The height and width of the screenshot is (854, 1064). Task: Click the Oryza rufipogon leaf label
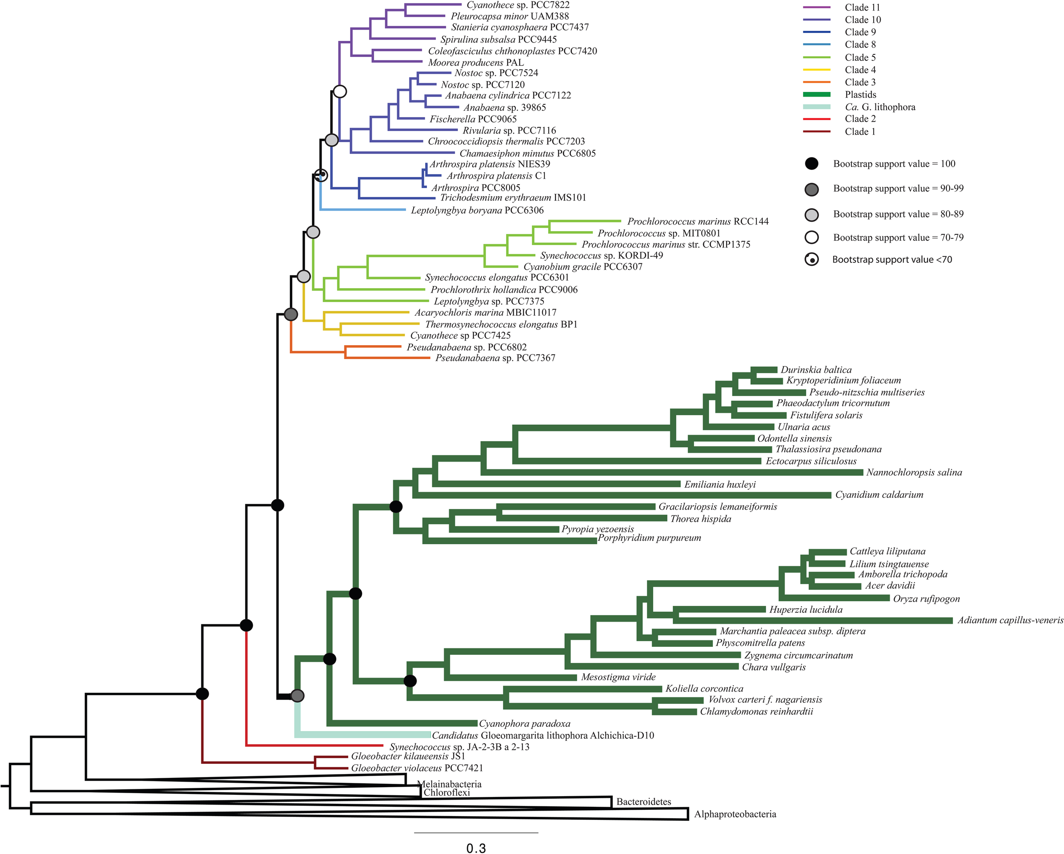(926, 599)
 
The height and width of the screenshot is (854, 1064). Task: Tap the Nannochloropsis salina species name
(914, 473)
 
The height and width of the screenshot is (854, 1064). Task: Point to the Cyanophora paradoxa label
(525, 724)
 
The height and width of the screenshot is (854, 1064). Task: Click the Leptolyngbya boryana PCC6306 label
(477, 211)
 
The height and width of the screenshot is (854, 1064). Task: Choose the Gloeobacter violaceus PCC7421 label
(417, 768)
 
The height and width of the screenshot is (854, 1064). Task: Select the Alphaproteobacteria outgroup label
(735, 814)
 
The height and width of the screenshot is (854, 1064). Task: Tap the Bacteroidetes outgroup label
(644, 802)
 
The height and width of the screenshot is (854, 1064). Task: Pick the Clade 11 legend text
(862, 7)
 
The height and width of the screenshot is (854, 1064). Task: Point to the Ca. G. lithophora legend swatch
(817, 107)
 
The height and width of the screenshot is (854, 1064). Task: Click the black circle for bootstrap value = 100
(811, 164)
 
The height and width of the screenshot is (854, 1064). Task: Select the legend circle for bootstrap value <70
(811, 260)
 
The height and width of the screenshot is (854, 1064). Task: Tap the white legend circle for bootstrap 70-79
(811, 237)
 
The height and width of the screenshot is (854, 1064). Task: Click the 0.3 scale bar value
(476, 848)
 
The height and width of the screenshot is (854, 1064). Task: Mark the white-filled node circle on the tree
(340, 91)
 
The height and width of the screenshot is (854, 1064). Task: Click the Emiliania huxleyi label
(720, 485)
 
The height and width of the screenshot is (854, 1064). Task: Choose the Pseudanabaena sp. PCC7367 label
(495, 358)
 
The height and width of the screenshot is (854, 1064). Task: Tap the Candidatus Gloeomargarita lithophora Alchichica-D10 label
(543, 736)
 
